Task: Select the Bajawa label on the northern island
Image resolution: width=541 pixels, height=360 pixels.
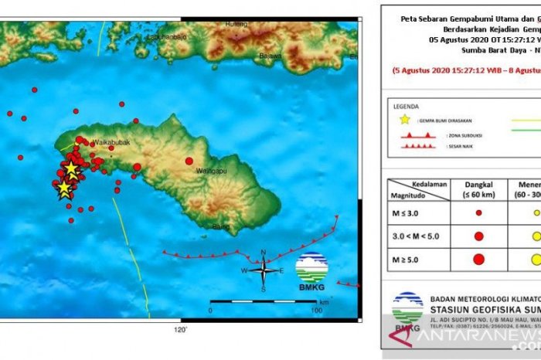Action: [270, 56]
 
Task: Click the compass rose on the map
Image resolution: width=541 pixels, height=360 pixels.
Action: [264, 270]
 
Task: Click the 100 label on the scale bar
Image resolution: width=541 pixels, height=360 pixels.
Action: [316, 289]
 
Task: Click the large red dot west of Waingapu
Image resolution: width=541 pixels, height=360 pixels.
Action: [189, 161]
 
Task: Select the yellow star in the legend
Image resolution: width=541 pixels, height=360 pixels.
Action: [404, 120]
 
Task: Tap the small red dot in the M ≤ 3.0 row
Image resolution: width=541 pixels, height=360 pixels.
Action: [479, 212]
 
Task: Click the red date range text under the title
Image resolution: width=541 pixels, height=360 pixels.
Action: [464, 70]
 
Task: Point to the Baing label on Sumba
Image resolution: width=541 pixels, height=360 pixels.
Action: [222, 226]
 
